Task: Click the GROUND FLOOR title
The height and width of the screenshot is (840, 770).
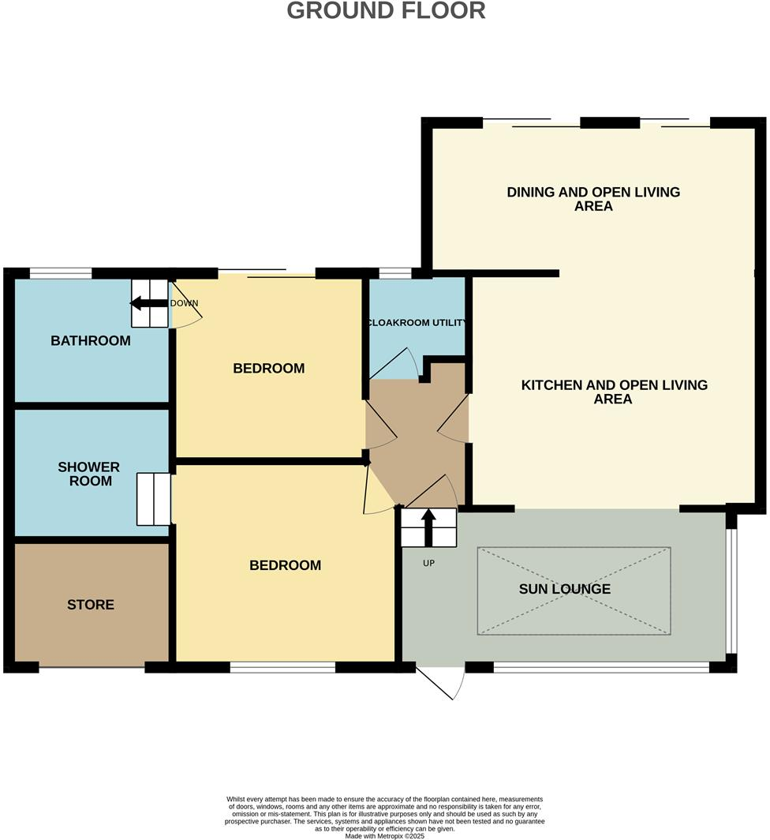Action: pos(385,11)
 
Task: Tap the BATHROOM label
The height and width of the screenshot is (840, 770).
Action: pos(91,341)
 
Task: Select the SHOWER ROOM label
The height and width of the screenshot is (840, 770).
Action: pos(89,474)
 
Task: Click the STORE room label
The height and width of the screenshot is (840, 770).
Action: pos(91,605)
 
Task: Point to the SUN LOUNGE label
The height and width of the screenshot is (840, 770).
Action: pos(564,589)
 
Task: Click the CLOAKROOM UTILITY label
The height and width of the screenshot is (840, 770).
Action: pos(416,323)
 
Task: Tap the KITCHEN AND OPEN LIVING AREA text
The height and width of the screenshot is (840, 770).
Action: pos(614,392)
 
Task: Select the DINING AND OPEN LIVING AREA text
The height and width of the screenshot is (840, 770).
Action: pos(592,199)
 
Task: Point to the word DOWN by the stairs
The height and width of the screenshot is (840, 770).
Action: pos(185,303)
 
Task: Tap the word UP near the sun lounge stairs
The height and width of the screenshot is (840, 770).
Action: pos(429,564)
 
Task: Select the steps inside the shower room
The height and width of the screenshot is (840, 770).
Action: pos(154,499)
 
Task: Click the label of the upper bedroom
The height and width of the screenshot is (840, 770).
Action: pos(268,369)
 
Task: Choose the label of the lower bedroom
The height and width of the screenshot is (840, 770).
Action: pos(285,565)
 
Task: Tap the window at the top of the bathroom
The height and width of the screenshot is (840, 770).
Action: pos(61,273)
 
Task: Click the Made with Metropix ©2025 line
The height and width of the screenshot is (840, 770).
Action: pos(385,835)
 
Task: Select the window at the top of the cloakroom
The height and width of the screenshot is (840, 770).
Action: pos(394,273)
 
